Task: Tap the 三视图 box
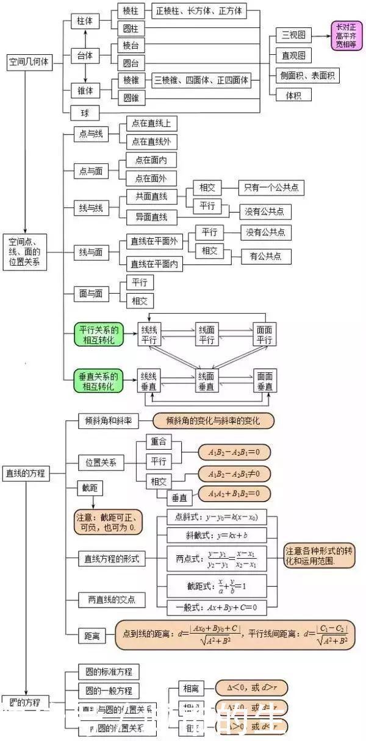tap(293, 35)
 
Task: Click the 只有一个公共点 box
tap(271, 188)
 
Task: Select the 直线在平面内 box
tap(154, 264)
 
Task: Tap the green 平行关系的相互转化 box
tap(98, 335)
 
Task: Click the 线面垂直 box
tap(206, 381)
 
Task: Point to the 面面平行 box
tap(264, 335)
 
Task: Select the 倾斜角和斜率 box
tap(109, 421)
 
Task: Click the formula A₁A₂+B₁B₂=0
tap(234, 493)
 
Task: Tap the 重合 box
tap(159, 442)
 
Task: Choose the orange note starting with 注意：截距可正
tap(108, 522)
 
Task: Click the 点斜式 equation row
tap(216, 517)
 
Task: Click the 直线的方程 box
tap(26, 472)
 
